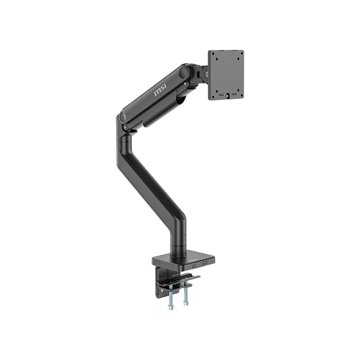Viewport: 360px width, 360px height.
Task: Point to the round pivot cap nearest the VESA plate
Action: (184, 72)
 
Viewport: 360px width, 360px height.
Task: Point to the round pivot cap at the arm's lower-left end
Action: (122, 118)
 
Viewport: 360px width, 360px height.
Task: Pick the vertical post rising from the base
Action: (177, 238)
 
